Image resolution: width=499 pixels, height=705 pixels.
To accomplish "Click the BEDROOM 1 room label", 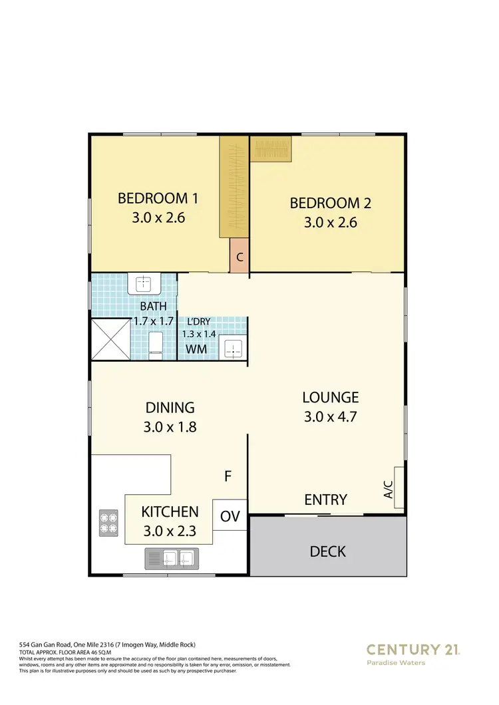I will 158,198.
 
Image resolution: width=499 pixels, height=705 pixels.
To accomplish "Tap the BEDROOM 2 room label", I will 330,203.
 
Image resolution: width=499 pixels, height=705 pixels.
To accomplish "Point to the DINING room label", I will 170,408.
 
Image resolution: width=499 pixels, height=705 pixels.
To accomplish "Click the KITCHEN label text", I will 170,511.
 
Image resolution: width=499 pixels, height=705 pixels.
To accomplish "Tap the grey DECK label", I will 327,551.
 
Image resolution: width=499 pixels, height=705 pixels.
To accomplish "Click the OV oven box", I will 230,516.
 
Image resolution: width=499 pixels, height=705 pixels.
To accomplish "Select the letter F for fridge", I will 228,476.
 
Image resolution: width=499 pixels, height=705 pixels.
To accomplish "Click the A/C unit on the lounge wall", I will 399,486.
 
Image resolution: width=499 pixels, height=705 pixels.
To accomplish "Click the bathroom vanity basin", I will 144,284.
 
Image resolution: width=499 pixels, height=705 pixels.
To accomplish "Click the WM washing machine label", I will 195,349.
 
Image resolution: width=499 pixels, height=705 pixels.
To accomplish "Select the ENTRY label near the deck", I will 325,499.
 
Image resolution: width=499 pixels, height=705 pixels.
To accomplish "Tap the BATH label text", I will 154,307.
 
